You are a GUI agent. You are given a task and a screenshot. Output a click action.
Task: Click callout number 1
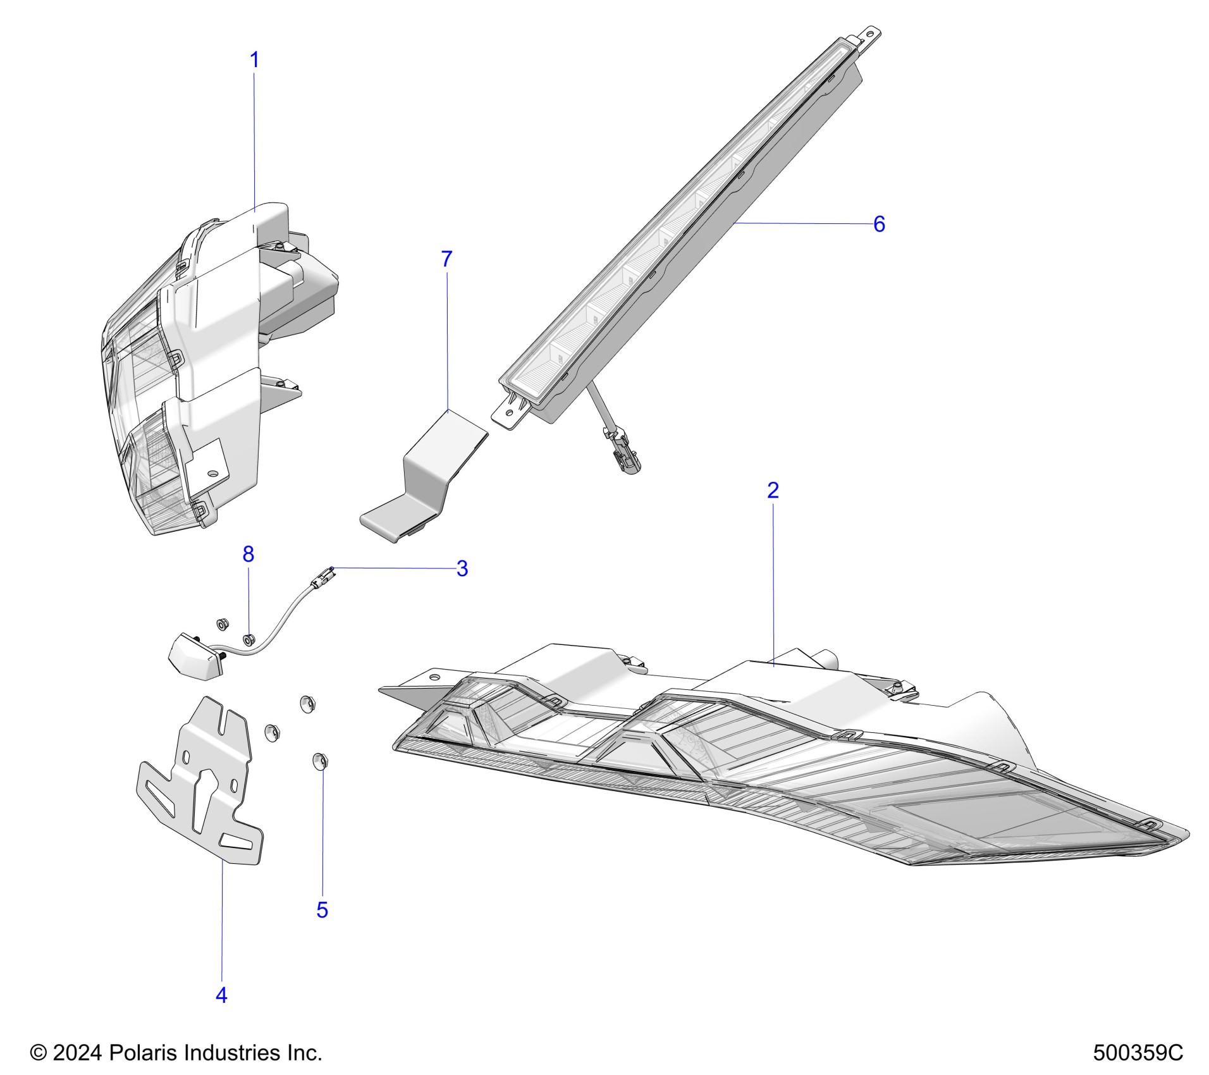(254, 60)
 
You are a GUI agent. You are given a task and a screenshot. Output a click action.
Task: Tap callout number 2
(773, 490)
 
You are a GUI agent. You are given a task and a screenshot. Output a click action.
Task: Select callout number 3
(462, 568)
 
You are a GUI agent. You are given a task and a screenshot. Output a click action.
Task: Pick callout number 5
(322, 910)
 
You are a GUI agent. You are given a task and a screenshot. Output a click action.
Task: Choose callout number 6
(879, 224)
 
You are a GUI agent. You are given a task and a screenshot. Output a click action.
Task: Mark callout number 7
(446, 259)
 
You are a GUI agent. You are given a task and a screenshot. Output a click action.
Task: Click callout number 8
(248, 554)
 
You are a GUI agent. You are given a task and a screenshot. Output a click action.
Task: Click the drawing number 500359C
(1138, 1053)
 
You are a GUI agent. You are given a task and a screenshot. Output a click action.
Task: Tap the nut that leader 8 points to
(249, 639)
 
